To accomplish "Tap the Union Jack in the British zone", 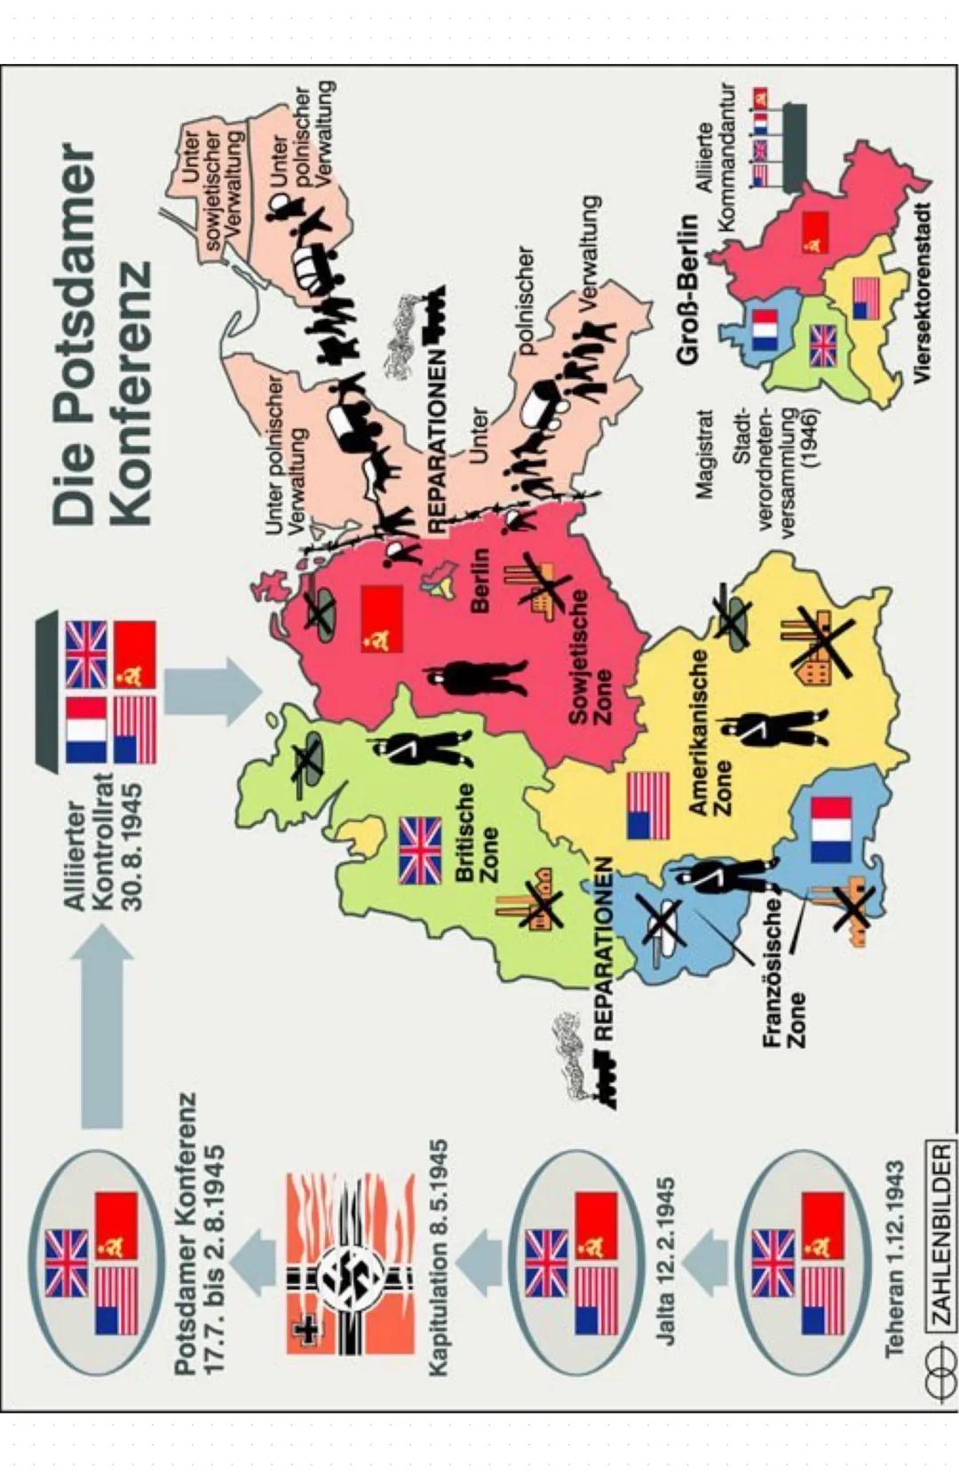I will [421, 850].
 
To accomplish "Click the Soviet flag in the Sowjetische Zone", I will [383, 618].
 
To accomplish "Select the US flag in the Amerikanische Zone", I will [648, 806].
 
